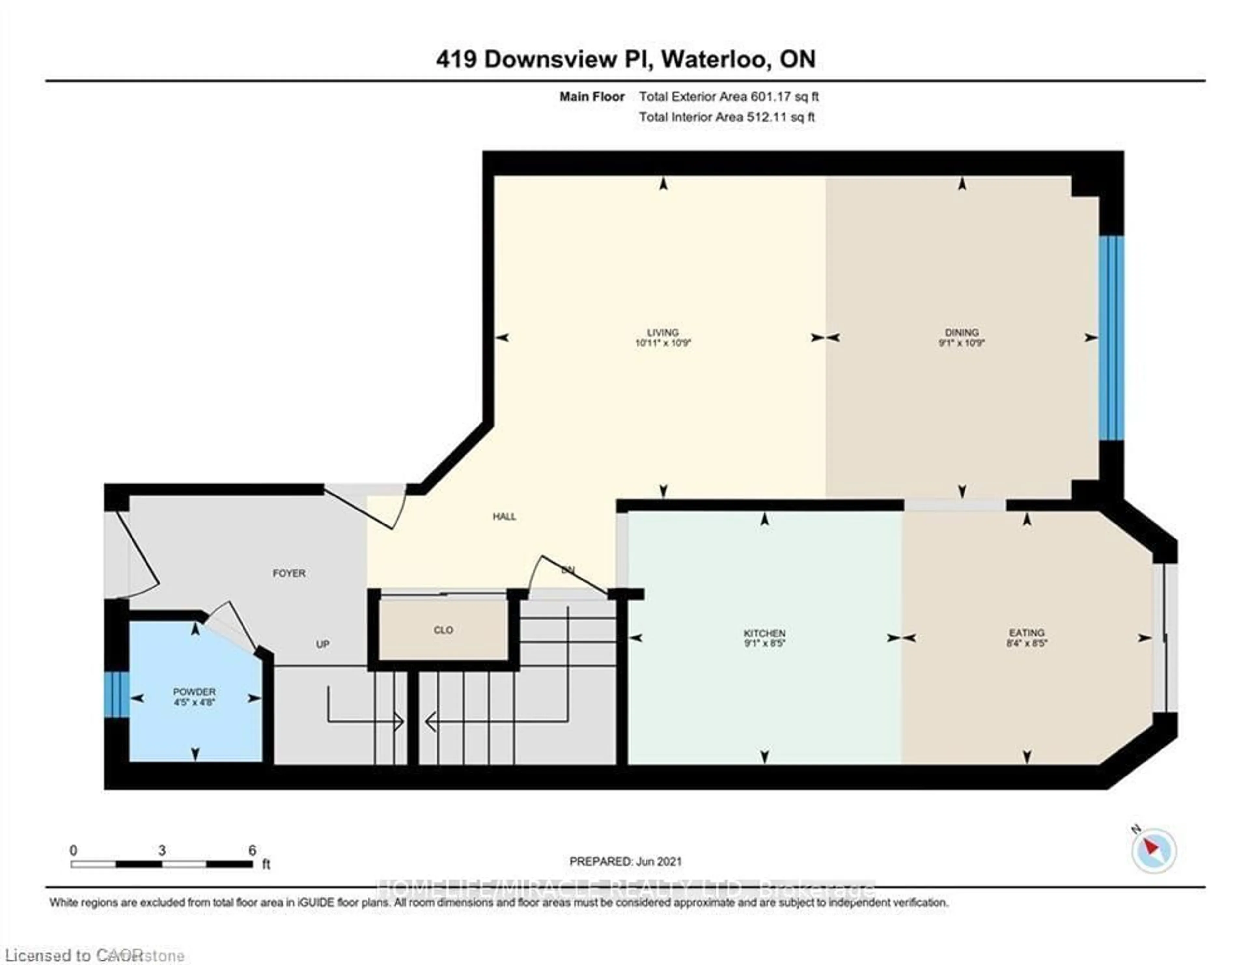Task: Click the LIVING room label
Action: tap(663, 332)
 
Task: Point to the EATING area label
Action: tap(1027, 633)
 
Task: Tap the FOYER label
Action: tap(289, 573)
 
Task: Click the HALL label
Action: tap(504, 516)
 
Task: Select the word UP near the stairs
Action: tap(323, 644)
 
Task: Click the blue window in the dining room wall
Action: tap(1111, 338)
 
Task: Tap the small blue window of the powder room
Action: tap(116, 694)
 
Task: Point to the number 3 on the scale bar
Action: tap(162, 850)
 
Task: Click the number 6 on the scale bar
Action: tap(252, 850)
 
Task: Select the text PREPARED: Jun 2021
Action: tap(626, 861)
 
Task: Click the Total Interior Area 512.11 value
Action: tap(780, 117)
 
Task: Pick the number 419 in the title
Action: tap(456, 59)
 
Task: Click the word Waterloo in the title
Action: tap(714, 59)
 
